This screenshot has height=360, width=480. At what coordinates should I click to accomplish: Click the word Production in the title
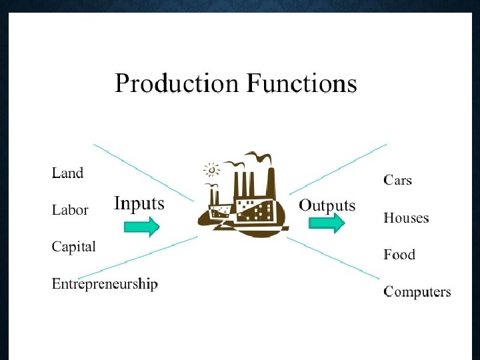coord(177,85)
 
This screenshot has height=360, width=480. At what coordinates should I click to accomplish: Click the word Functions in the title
coord(302,85)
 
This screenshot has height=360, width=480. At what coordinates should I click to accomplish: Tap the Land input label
coord(68,173)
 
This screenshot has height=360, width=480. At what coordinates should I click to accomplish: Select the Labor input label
coord(70,210)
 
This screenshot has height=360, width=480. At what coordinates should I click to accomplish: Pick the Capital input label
coord(74,247)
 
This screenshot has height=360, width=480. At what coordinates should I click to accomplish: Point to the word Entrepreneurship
coord(105,285)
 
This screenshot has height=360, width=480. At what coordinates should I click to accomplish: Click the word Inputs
coord(139,203)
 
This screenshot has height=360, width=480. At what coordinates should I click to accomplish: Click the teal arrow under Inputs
coord(142,227)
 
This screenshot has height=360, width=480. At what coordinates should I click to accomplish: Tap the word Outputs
coord(327,205)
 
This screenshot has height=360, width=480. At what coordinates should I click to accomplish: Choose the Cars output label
coord(398,180)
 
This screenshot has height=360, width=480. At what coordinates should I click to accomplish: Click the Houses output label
coord(406,218)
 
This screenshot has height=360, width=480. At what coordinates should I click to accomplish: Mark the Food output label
coord(399,255)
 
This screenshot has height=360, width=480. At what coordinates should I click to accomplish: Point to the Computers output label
coord(417,292)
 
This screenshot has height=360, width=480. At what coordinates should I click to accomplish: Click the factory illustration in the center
coord(243,200)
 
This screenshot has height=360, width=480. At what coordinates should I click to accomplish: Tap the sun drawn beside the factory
coord(213,168)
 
